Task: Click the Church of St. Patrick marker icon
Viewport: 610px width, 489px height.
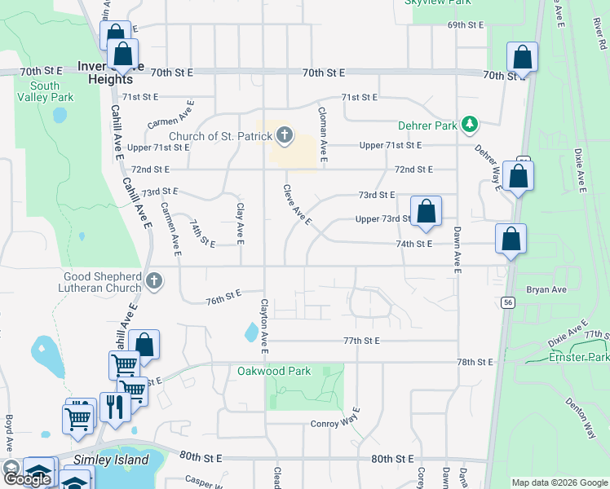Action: [x=284, y=135]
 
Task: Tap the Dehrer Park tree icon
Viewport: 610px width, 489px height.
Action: [x=469, y=125]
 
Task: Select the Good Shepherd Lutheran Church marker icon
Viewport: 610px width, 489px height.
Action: [x=154, y=282]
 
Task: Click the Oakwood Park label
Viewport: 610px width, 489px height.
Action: [x=274, y=371]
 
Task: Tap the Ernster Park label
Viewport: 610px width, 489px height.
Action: [x=580, y=357]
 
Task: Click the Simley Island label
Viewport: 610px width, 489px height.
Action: [x=103, y=460]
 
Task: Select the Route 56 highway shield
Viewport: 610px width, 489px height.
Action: [x=508, y=302]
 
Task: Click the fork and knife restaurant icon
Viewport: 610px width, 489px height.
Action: [x=114, y=406]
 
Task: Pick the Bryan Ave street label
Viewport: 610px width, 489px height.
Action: [x=546, y=289]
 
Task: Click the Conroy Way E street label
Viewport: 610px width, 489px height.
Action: [x=335, y=423]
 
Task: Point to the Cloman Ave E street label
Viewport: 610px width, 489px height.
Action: [x=323, y=134]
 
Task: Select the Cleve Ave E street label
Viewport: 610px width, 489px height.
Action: [x=297, y=205]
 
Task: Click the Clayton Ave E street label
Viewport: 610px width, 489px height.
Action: [x=263, y=326]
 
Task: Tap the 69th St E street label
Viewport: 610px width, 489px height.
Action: [x=466, y=25]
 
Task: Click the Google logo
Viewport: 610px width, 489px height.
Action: [x=28, y=478]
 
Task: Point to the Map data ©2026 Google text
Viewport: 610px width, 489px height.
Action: [x=559, y=482]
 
